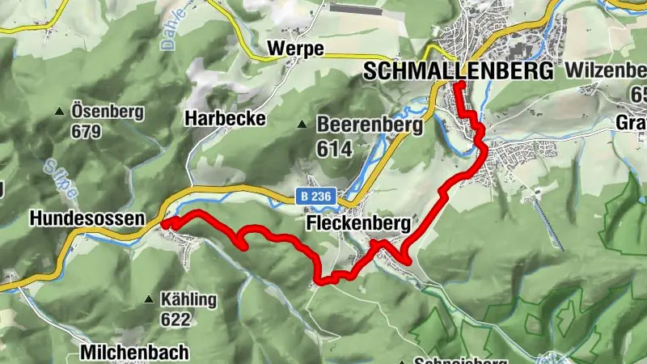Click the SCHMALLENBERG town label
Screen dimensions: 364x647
point(459,70)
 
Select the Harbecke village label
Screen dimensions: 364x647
point(226,118)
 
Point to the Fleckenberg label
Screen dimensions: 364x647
point(359,222)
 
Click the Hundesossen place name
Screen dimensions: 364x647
point(87,218)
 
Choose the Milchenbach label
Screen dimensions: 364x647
point(134,352)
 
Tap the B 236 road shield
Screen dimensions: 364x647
point(313,197)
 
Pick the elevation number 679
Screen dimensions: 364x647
point(86,131)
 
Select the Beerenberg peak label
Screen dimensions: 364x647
point(370,125)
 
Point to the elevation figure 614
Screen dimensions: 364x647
point(335,149)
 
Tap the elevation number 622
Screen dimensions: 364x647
point(175,320)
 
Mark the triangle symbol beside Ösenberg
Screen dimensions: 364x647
point(60,112)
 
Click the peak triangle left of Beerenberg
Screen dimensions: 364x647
point(302,125)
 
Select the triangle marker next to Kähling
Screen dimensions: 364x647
point(149,299)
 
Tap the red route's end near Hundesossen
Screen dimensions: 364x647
point(164,224)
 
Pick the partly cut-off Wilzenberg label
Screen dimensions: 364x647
point(606,70)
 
